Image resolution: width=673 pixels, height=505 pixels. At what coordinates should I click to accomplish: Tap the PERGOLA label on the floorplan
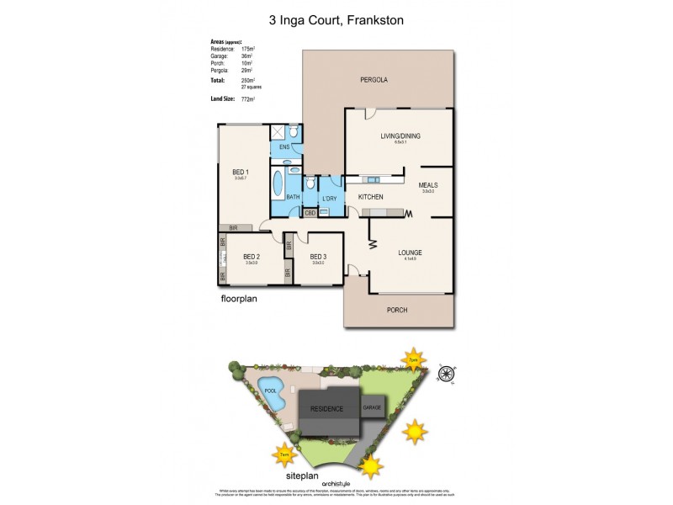click(x=374, y=80)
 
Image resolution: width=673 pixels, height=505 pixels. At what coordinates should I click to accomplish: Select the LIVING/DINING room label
click(x=400, y=136)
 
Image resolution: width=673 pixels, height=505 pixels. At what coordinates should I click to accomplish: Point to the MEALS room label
click(x=428, y=185)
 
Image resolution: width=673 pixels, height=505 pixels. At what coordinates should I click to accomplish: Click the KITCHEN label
click(x=371, y=197)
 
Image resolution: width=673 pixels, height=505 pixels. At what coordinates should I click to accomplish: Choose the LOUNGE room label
click(x=410, y=252)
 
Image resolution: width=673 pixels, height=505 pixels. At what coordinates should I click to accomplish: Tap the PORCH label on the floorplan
click(x=397, y=311)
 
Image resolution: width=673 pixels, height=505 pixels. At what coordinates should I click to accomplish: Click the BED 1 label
click(x=241, y=172)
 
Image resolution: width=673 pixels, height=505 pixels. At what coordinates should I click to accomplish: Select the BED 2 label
click(x=251, y=258)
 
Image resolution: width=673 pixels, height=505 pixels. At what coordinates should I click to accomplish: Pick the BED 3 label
click(x=317, y=258)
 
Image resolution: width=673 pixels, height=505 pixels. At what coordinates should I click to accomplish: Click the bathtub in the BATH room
click(x=278, y=183)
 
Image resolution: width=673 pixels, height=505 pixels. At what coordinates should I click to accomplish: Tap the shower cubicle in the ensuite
click(x=277, y=132)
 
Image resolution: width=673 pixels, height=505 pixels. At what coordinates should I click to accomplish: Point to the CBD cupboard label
click(x=310, y=213)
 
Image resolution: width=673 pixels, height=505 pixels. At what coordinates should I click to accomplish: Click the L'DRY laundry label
click(x=329, y=199)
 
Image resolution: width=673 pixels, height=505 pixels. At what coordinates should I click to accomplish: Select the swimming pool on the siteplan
click(x=271, y=394)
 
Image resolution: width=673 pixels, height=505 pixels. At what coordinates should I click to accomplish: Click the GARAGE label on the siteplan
click(x=371, y=407)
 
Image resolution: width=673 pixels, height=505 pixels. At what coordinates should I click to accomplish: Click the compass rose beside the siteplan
click(x=447, y=374)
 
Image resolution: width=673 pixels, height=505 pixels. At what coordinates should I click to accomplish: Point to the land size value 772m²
click(x=247, y=99)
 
